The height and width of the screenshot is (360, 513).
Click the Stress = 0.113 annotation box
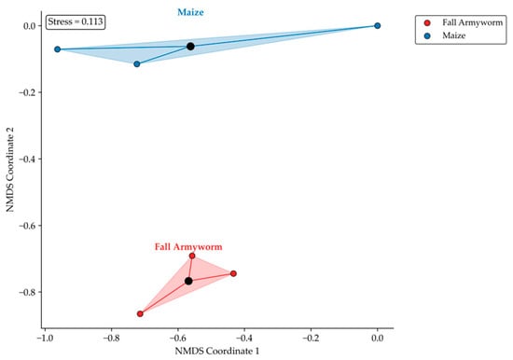click(x=76, y=22)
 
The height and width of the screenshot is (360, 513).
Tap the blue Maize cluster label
click(x=190, y=12)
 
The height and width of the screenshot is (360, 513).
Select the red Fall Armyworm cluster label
click(x=188, y=247)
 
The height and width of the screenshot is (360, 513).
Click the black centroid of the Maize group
click(x=190, y=47)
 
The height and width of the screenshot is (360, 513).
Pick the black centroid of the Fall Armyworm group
click(x=188, y=281)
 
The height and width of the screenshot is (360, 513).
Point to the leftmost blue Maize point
click(x=58, y=49)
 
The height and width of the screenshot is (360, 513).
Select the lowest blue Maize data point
click(x=137, y=64)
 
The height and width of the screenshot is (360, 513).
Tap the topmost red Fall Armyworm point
click(x=192, y=256)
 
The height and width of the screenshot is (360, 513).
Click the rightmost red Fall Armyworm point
click(x=233, y=273)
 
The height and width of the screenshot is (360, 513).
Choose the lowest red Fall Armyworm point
click(x=140, y=314)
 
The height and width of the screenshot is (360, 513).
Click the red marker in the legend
click(x=427, y=23)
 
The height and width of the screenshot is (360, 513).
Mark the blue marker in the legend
click(x=427, y=35)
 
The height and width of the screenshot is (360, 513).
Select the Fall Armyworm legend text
click(x=473, y=22)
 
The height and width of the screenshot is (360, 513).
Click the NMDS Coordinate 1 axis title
click(x=217, y=352)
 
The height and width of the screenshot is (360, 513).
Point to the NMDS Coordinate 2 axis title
click(x=10, y=170)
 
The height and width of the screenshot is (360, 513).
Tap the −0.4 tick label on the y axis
click(x=27, y=159)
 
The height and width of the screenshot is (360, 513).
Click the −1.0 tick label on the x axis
click(x=45, y=338)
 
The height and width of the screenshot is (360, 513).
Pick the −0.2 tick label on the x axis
click(x=311, y=338)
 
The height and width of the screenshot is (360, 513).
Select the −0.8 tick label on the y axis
click(x=27, y=292)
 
